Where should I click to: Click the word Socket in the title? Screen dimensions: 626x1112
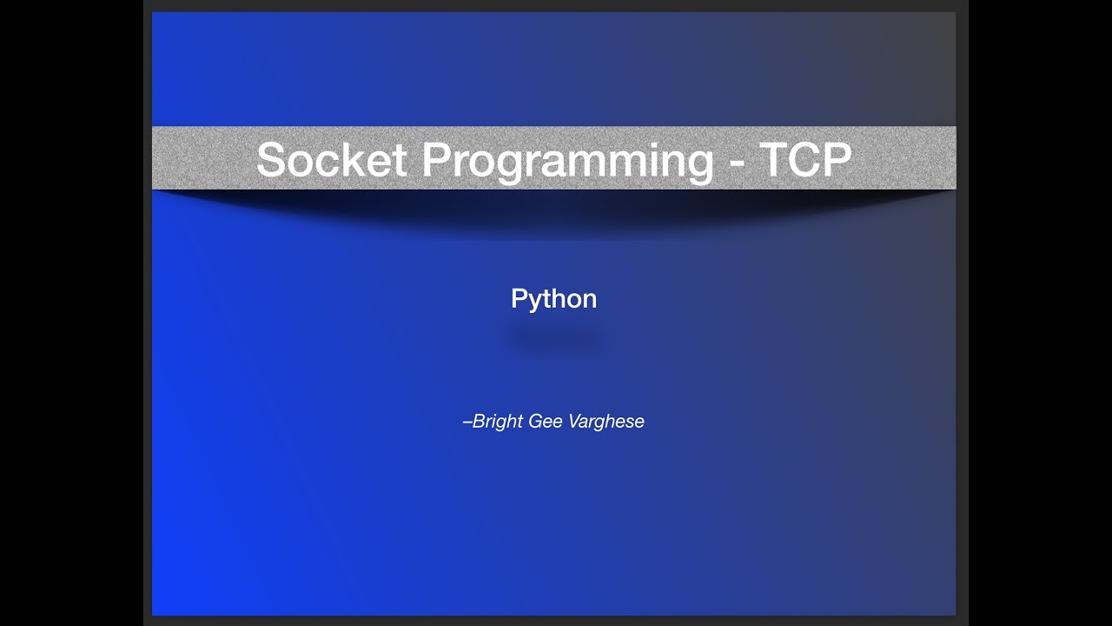331,160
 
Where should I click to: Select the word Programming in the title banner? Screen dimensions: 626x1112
567,162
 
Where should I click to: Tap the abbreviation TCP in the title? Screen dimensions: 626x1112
805,160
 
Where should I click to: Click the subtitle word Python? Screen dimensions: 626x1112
553,299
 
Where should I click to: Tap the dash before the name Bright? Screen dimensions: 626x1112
467,423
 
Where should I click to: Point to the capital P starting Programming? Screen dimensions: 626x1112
438,160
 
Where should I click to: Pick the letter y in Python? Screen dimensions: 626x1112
535,302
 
